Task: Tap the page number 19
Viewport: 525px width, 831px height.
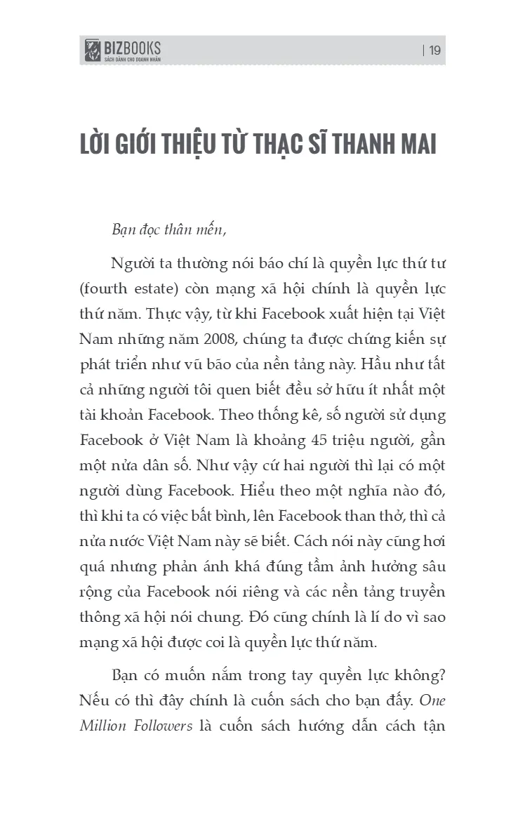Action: click(434, 50)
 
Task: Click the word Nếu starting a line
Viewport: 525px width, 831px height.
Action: click(94, 700)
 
